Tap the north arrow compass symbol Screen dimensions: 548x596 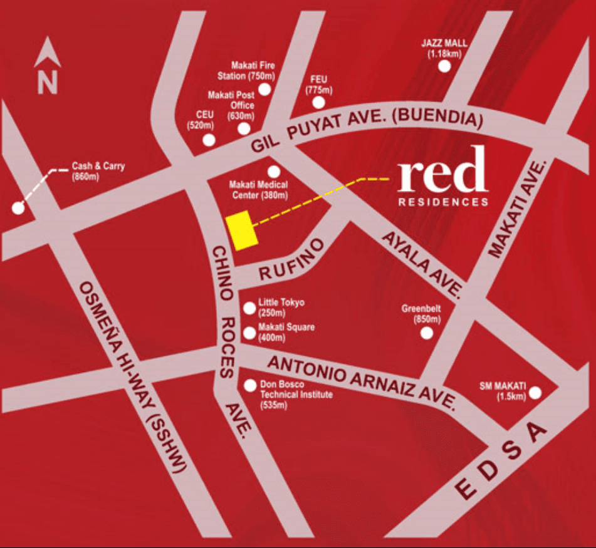48,65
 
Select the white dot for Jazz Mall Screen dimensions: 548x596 444,66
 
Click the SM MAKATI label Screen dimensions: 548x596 510,391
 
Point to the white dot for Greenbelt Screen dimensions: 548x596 427,333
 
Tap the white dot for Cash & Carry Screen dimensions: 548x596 18,208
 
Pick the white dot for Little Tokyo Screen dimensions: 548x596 249,308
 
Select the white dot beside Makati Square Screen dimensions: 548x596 249,333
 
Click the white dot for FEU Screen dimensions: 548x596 319,103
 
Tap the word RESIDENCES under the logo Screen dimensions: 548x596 443,202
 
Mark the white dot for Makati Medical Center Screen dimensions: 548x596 274,172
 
